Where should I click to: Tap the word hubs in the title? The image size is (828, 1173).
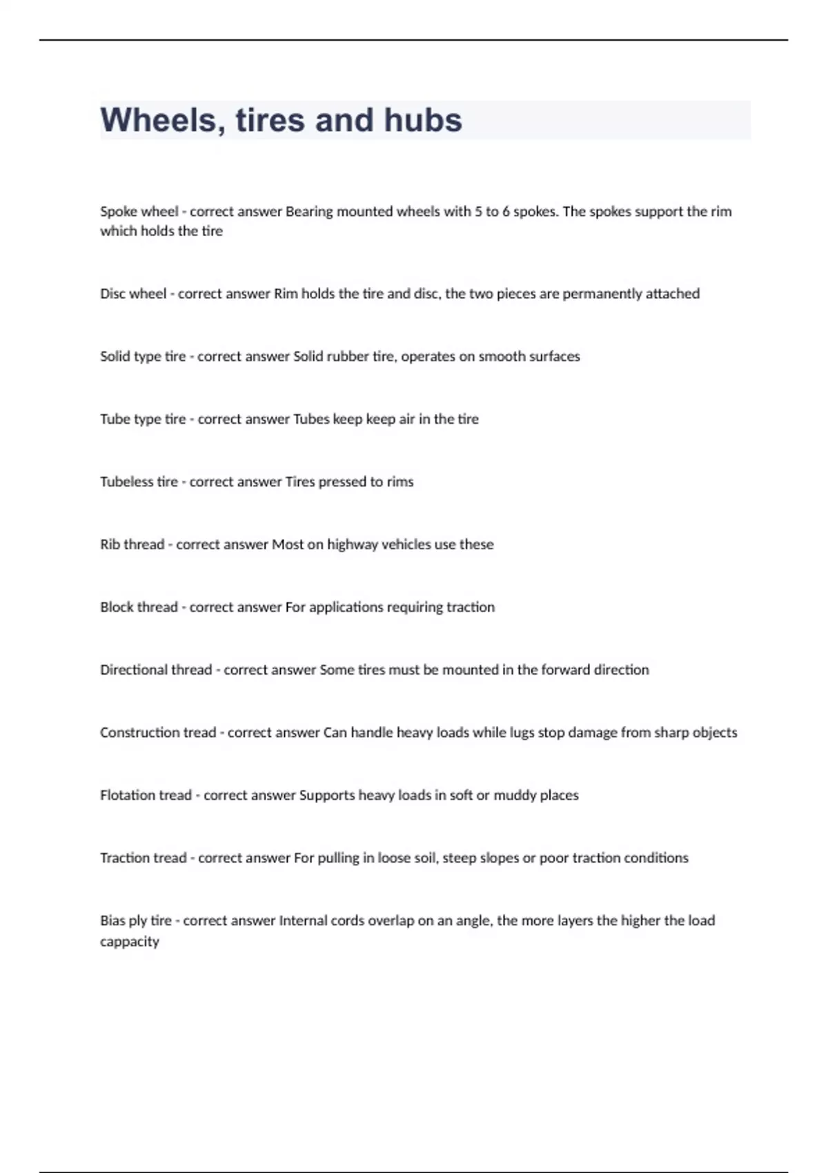click(x=422, y=120)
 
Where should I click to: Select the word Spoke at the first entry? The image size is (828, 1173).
click(x=118, y=212)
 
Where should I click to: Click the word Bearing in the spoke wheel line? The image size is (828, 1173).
click(x=308, y=212)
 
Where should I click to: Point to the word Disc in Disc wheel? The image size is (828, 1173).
click(x=112, y=294)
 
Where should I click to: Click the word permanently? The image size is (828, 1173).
click(x=602, y=294)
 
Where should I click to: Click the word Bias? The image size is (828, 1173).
click(x=112, y=920)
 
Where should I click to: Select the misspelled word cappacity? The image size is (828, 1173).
click(x=130, y=942)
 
